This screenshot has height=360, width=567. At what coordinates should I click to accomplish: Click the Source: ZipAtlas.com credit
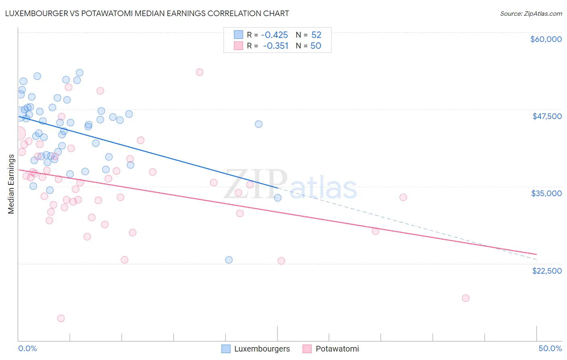pyautogui.click(x=531, y=14)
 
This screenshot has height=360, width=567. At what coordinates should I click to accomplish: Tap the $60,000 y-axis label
pyautogui.click(x=546, y=39)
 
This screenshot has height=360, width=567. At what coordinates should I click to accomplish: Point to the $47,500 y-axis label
pyautogui.click(x=547, y=116)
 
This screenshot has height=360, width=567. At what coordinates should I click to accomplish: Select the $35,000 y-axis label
pyautogui.click(x=546, y=193)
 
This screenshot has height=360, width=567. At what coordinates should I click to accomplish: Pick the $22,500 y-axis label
pyautogui.click(x=547, y=271)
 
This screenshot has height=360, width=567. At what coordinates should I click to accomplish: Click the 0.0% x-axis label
pyautogui.click(x=27, y=348)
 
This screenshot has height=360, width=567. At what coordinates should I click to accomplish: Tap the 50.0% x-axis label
pyautogui.click(x=550, y=348)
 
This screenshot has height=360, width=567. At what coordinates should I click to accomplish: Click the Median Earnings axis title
pyautogui.click(x=11, y=184)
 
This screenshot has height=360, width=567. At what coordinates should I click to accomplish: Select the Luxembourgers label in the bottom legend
pyautogui.click(x=262, y=349)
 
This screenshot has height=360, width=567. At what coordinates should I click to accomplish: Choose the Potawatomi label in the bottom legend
pyautogui.click(x=337, y=349)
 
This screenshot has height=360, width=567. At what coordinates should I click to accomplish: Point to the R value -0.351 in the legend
pyautogui.click(x=276, y=46)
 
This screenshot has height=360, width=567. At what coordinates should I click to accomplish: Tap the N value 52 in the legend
pyautogui.click(x=316, y=35)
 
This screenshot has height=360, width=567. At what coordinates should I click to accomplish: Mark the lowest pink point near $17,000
pyautogui.click(x=465, y=298)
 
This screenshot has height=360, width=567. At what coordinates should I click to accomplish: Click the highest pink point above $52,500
pyautogui.click(x=199, y=72)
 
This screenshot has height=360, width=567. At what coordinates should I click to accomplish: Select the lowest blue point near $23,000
pyautogui.click(x=229, y=260)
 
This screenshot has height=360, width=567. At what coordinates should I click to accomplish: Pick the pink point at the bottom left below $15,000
pyautogui.click(x=61, y=318)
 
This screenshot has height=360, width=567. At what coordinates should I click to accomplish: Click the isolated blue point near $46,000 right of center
pyautogui.click(x=258, y=124)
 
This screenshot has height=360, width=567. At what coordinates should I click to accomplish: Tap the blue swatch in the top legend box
pyautogui.click(x=238, y=35)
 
